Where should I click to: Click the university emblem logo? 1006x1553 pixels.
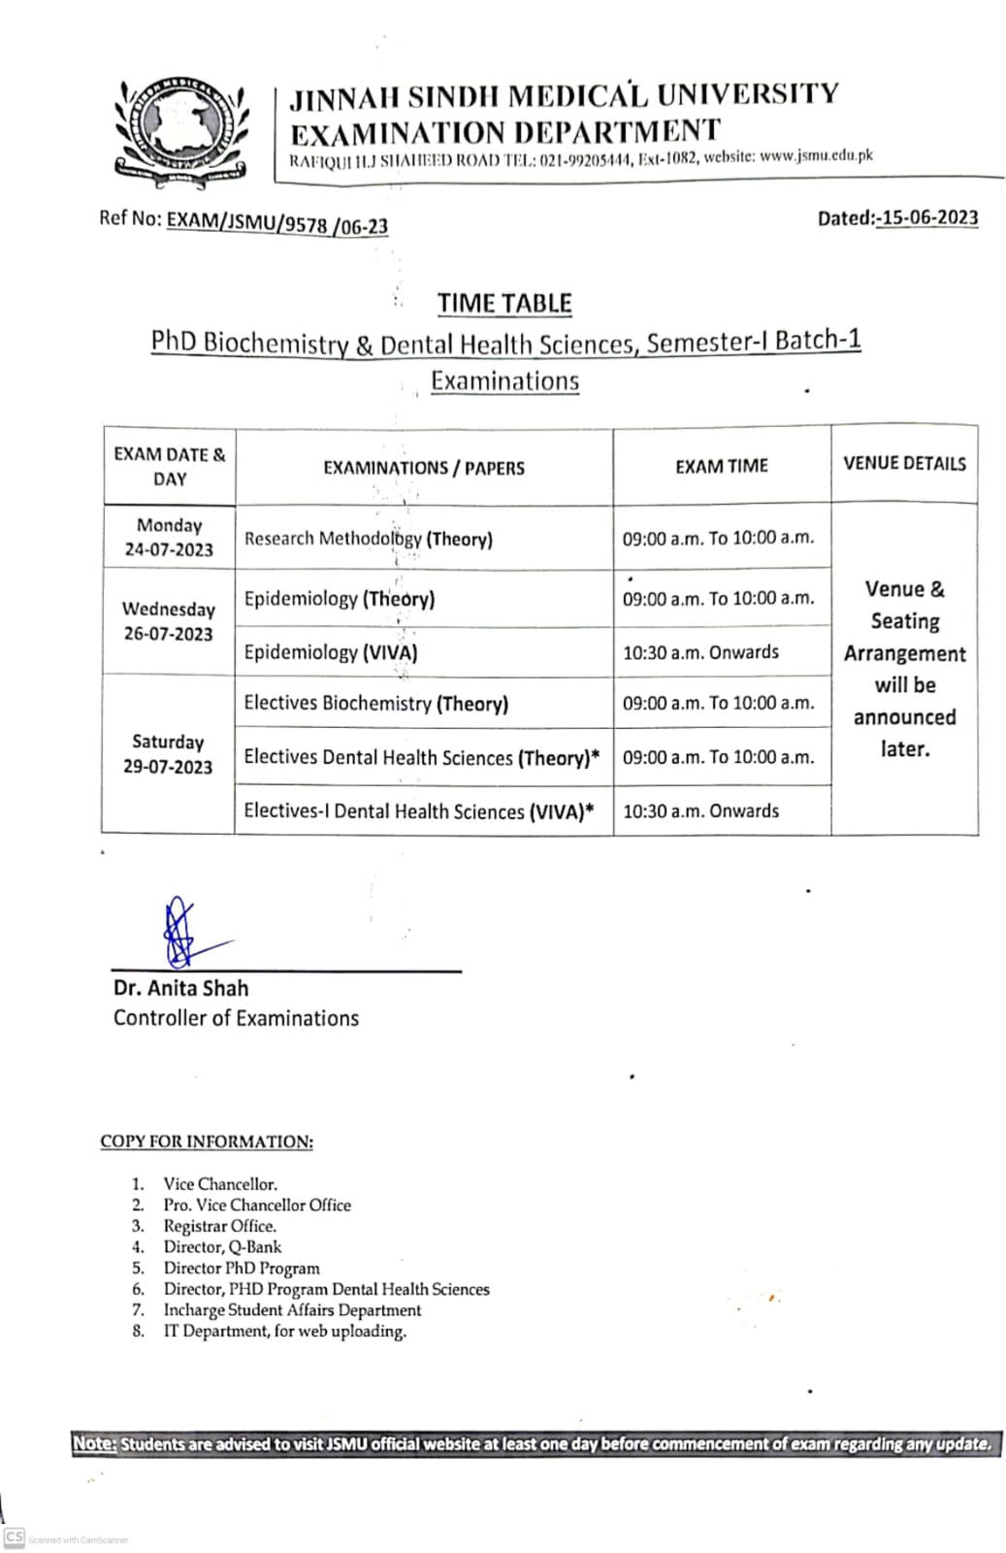tap(180, 126)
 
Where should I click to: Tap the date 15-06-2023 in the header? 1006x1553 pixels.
tap(926, 217)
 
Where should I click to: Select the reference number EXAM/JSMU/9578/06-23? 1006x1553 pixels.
tap(277, 223)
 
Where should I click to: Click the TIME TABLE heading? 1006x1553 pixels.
tap(504, 303)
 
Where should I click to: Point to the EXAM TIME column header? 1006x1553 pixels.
tap(722, 466)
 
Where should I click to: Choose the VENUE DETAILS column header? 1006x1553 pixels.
tap(904, 463)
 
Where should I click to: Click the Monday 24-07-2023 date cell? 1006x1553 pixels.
tap(169, 537)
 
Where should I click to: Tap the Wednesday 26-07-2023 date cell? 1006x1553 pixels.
tap(169, 621)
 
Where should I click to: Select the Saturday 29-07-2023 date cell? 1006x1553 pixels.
tap(168, 754)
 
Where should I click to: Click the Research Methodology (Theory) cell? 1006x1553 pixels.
tap(369, 539)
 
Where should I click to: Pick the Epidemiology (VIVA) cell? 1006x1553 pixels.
tap(331, 652)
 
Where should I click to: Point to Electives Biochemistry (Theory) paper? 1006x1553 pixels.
tap(376, 704)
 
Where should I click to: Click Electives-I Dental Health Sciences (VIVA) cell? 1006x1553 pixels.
tap(419, 810)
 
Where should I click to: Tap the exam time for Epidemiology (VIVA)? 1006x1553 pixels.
tap(700, 652)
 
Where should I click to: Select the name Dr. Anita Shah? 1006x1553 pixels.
tap(181, 988)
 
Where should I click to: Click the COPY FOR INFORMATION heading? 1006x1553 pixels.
tap(207, 1141)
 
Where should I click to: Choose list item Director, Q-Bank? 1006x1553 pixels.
tap(222, 1247)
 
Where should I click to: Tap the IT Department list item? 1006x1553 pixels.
tap(284, 1332)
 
